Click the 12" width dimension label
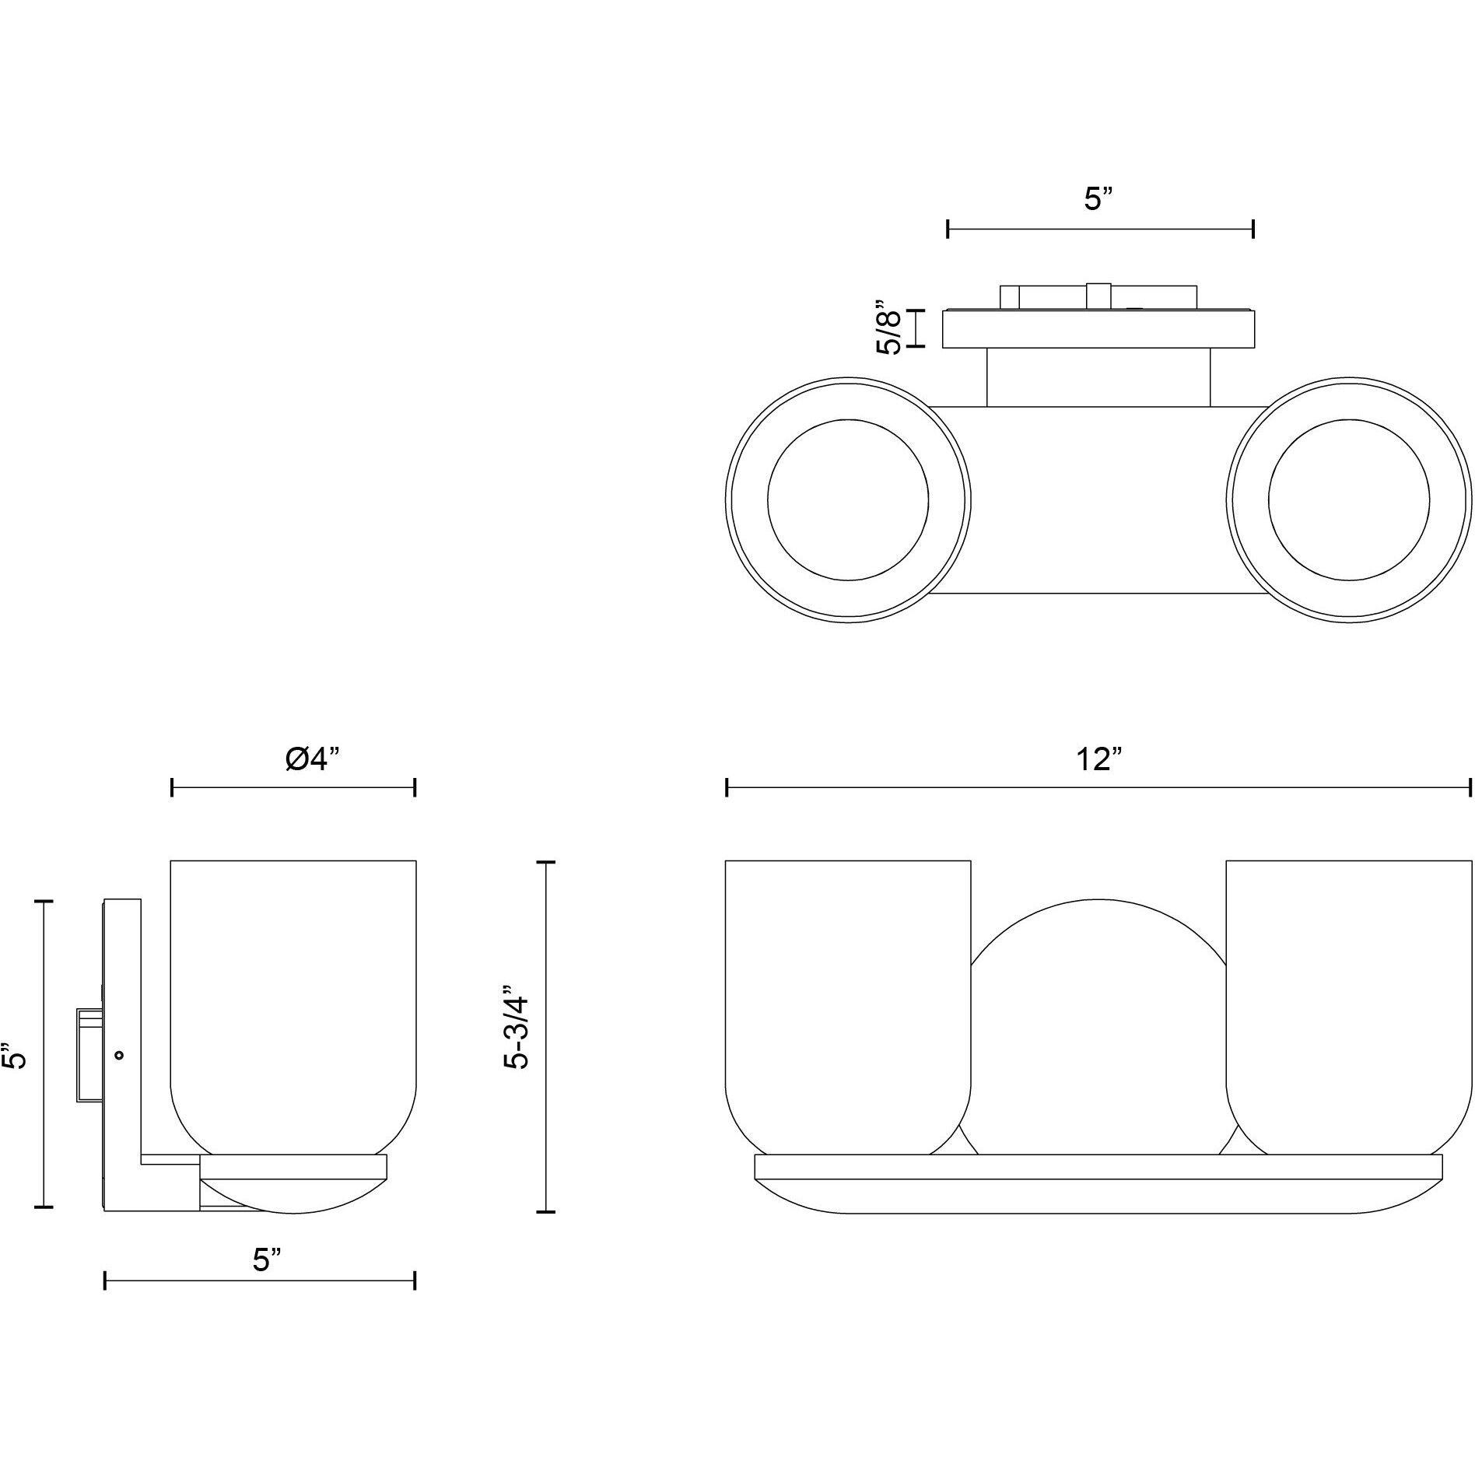tap(1097, 759)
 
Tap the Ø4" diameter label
tap(313, 759)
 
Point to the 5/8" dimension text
tap(888, 328)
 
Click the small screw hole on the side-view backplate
tap(119, 1056)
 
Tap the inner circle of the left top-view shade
tap(847, 499)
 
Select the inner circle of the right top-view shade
tap(1347, 499)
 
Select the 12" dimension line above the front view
tap(1098, 788)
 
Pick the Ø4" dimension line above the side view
tap(293, 788)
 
